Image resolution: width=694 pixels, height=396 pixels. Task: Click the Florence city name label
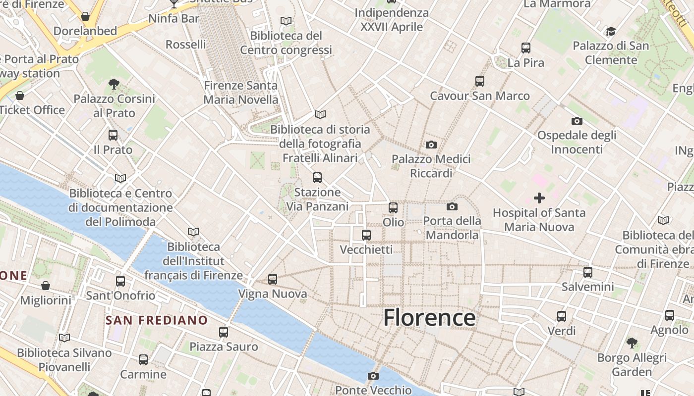[429, 317]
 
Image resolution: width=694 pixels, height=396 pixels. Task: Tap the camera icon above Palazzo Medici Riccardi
[431, 145]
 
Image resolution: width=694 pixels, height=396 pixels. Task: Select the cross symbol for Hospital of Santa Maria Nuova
[539, 198]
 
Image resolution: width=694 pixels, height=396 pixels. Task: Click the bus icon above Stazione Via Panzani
[317, 177]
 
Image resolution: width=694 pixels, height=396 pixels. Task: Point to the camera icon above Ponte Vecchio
[373, 376]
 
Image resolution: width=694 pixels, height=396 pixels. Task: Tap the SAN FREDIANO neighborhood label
[157, 320]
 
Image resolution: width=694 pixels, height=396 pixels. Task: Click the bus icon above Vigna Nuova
[273, 279]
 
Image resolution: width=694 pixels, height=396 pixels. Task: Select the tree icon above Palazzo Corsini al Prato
[114, 84]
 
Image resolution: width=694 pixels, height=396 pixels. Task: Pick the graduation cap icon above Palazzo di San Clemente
[611, 32]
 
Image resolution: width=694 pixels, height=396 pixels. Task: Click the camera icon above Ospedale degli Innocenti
[577, 121]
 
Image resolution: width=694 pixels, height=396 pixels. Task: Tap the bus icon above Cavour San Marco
[479, 81]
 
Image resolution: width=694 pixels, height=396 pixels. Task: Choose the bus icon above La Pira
[526, 48]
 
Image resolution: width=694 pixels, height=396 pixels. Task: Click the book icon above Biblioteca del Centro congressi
[286, 21]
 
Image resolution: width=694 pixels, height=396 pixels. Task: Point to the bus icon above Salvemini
[588, 272]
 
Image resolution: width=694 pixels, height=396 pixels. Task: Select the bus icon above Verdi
[562, 316]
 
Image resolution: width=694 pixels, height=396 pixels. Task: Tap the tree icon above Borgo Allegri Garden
[632, 343]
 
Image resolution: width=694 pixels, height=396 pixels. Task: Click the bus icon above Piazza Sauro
[224, 332]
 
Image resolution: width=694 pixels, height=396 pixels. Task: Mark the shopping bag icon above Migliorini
[46, 286]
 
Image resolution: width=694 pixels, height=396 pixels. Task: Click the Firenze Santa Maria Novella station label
[241, 93]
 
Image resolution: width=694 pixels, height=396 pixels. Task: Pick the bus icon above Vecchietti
[366, 235]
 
